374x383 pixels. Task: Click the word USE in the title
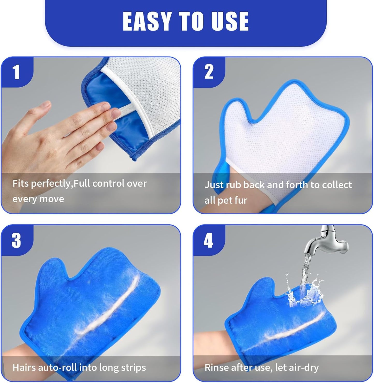pos(230,21)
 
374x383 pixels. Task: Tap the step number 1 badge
pos(16,72)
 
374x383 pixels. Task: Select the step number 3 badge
pos(16,240)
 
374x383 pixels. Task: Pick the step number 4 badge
pos(208,240)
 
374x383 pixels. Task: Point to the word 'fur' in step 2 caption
pos(240,200)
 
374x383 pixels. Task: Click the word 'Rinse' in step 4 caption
pos(216,367)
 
